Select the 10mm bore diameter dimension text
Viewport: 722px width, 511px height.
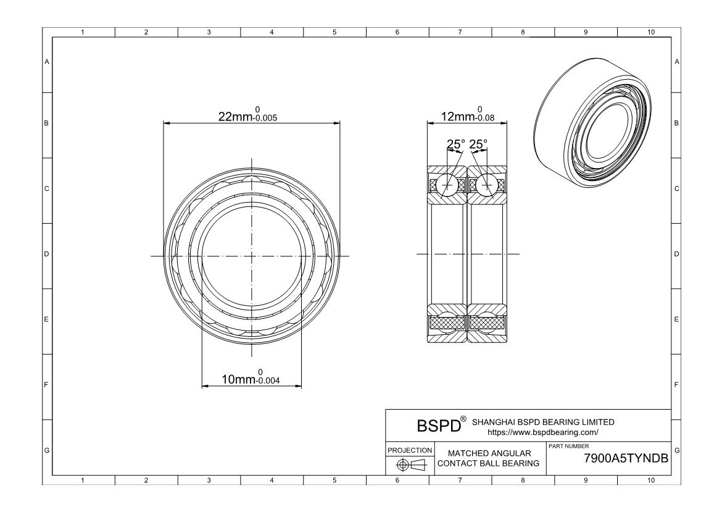pyautogui.click(x=251, y=378)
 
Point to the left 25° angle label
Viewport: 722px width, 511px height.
pyautogui.click(x=456, y=144)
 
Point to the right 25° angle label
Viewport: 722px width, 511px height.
pyautogui.click(x=478, y=144)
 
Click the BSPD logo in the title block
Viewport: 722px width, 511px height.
pyautogui.click(x=439, y=426)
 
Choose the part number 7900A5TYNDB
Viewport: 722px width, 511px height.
pyautogui.click(x=626, y=458)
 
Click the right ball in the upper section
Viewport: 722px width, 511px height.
pyautogui.click(x=488, y=184)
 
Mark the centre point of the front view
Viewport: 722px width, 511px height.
pyautogui.click(x=252, y=255)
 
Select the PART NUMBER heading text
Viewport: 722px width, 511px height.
pyautogui.click(x=568, y=446)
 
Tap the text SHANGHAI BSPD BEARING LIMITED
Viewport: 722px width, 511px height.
pyautogui.click(x=542, y=422)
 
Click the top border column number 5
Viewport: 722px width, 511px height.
pyautogui.click(x=334, y=32)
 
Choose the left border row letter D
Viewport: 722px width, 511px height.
pyautogui.click(x=46, y=254)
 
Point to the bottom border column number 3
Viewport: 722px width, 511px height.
pyautogui.click(x=209, y=480)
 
